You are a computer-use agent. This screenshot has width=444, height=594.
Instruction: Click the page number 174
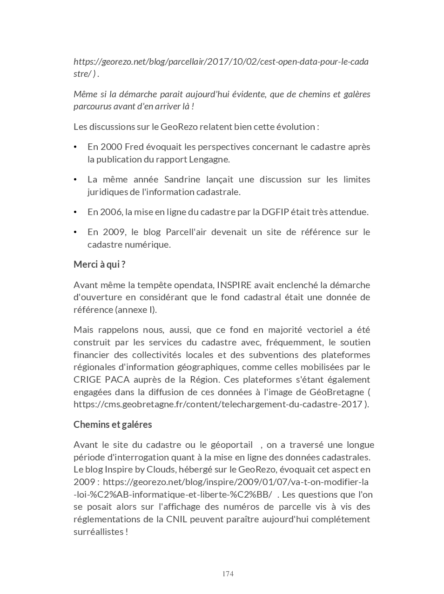228,574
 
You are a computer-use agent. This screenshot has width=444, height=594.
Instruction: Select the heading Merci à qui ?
100,264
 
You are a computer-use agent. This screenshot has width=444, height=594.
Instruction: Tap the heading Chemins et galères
113,425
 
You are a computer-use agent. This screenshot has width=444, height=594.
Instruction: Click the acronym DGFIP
275,212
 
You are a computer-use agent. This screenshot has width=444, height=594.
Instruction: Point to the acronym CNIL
176,519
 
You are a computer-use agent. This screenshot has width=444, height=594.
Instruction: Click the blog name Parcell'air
186,232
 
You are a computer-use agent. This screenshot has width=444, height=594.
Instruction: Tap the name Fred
134,147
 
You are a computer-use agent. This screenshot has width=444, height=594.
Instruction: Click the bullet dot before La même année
75,180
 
